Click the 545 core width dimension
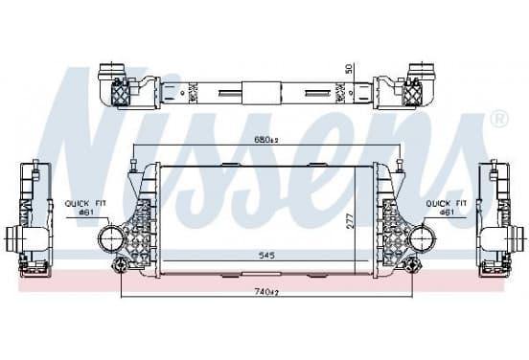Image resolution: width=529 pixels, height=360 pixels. point(266,256)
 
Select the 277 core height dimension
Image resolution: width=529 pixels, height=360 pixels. point(350,221)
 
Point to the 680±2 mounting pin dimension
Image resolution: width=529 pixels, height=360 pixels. point(266,139)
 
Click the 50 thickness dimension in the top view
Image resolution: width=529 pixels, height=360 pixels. point(349,68)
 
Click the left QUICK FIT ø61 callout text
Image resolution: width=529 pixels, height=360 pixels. point(85,208)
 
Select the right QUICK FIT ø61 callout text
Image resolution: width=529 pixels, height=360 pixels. point(447,208)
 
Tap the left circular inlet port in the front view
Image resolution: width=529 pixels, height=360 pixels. point(110,238)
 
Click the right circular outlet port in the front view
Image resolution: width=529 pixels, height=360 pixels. point(421,238)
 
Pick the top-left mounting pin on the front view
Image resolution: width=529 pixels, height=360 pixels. point(133,164)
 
